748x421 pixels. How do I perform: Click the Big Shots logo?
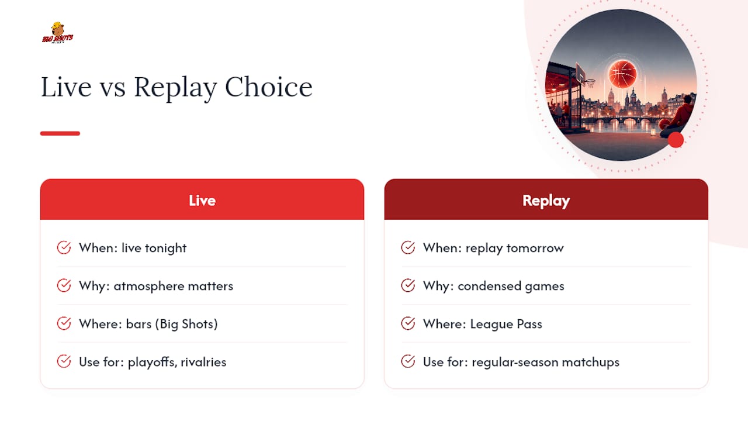[x=57, y=33]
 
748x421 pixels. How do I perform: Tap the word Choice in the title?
[x=269, y=87]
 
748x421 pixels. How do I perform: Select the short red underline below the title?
[x=60, y=133]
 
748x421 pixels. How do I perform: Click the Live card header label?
[x=202, y=201]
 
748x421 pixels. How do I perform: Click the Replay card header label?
[x=546, y=201]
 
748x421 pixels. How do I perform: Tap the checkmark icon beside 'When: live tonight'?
[x=64, y=247]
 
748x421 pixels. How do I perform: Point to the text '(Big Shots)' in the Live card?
[x=186, y=324]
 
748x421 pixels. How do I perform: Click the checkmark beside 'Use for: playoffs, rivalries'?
[x=64, y=361]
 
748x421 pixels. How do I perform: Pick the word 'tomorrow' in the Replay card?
[x=535, y=249]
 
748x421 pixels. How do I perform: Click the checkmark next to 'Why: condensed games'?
[x=408, y=285]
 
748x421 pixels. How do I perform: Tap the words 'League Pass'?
[x=506, y=324]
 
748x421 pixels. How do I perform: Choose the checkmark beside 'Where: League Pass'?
[x=408, y=323]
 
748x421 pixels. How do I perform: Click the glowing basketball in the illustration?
[x=622, y=74]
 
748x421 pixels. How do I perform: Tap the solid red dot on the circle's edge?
[x=676, y=140]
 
